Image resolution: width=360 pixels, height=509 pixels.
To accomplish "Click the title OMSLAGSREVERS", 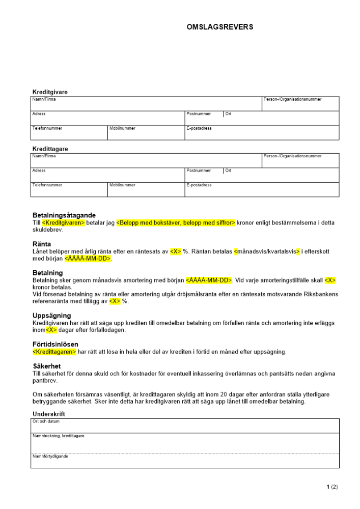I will click(220, 27).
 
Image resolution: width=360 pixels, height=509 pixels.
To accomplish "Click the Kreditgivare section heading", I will click(50, 92).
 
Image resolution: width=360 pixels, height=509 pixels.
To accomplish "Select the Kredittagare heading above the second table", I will click(50, 149).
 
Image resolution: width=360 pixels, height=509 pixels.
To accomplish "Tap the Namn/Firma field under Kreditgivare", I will click(146, 104).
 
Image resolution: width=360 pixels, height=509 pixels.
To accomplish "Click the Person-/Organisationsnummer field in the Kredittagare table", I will click(300, 161).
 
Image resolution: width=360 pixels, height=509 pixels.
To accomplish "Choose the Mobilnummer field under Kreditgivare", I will click(146, 133).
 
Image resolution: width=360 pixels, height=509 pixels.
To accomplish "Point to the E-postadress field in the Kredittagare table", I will click(262, 189).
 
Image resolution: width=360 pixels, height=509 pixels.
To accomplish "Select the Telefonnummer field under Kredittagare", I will click(69, 189).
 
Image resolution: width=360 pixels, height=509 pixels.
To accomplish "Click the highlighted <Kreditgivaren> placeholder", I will click(64, 223).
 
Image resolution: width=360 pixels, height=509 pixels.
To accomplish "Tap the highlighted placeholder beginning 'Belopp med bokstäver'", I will click(176, 223).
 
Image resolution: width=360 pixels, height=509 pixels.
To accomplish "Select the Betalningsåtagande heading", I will click(64, 215).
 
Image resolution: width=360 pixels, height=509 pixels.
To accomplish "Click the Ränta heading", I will click(42, 244).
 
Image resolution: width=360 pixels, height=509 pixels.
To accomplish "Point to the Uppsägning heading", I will click(52, 316).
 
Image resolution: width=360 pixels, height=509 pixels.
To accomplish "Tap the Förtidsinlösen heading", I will click(56, 344).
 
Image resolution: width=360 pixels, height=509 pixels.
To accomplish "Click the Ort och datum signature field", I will click(184, 426).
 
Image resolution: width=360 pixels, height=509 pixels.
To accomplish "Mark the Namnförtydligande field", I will click(184, 461).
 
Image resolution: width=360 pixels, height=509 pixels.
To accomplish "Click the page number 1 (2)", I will click(332, 487).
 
